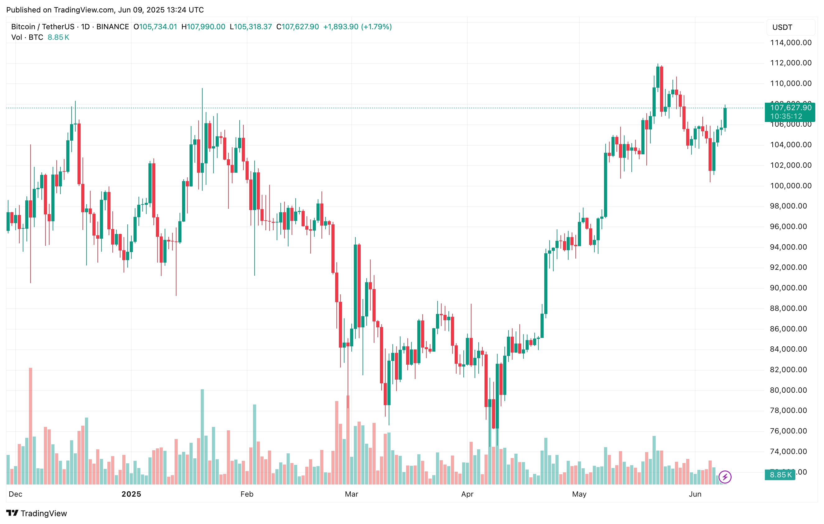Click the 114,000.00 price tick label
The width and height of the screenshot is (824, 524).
pyautogui.click(x=790, y=43)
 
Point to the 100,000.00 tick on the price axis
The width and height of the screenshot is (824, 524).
pyautogui.click(x=790, y=186)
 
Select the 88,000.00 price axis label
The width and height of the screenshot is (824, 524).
pyautogui.click(x=790, y=308)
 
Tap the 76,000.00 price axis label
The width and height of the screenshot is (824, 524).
pyautogui.click(x=790, y=431)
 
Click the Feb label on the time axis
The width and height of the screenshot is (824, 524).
pyautogui.click(x=247, y=494)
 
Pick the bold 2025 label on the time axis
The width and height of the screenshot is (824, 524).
pyautogui.click(x=131, y=494)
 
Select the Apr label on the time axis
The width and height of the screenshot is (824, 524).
pyautogui.click(x=467, y=494)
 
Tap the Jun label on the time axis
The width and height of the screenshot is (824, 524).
pyautogui.click(x=695, y=494)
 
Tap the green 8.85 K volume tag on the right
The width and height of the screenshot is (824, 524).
pyautogui.click(x=780, y=475)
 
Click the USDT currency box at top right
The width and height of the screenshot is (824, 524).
pyautogui.click(x=790, y=27)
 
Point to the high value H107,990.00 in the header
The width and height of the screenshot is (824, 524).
pyautogui.click(x=203, y=27)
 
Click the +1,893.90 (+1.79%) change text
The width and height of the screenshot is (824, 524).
pyautogui.click(x=357, y=27)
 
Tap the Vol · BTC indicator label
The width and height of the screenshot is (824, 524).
pyautogui.click(x=27, y=37)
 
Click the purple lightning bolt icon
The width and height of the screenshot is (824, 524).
pyautogui.click(x=725, y=477)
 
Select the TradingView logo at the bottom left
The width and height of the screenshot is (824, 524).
pyautogui.click(x=37, y=513)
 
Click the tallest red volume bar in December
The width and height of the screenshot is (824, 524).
pyautogui.click(x=30, y=426)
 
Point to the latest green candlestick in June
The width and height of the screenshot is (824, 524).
pyautogui.click(x=725, y=118)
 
